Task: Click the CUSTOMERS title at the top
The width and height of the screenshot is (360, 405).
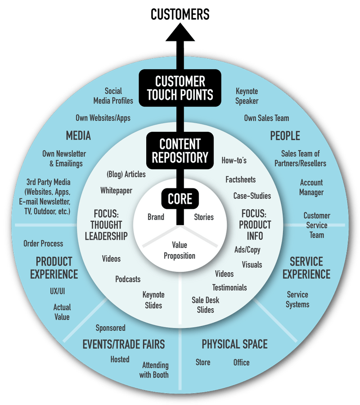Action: click(180, 14)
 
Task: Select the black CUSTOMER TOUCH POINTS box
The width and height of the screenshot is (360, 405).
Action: click(180, 88)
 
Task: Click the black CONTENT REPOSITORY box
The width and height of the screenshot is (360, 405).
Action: click(180, 150)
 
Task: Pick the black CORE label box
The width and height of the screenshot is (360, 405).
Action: click(180, 198)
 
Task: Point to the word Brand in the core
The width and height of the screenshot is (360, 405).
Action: click(156, 217)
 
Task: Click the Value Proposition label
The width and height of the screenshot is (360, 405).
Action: click(180, 250)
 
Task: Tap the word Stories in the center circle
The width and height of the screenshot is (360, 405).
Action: click(204, 217)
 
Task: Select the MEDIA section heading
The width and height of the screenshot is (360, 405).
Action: click(78, 135)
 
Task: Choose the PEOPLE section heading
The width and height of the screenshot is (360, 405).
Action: click(285, 135)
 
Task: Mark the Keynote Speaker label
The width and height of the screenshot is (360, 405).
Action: click(247, 95)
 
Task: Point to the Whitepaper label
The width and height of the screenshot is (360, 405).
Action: click(117, 190)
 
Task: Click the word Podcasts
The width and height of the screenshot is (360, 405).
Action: click(128, 279)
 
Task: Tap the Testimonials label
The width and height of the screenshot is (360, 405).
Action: click(229, 287)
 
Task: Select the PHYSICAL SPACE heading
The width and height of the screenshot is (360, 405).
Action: click(234, 345)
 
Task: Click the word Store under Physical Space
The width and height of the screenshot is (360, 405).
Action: click(203, 362)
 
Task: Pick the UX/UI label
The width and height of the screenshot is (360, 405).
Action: click(58, 291)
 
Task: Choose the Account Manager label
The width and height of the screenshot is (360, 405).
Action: click(311, 187)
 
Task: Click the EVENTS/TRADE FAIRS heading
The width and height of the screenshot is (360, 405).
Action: click(124, 345)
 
